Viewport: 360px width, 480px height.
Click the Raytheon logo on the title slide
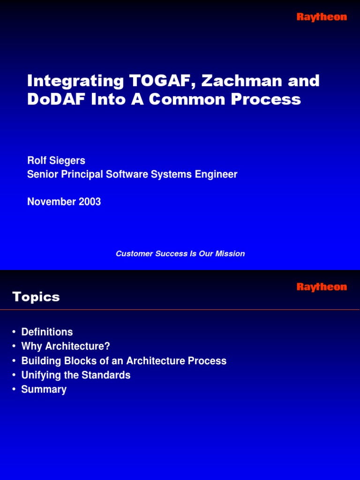322,17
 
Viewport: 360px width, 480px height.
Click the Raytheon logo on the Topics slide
322,287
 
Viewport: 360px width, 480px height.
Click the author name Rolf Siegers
56,161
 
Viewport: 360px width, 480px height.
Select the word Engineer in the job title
217,175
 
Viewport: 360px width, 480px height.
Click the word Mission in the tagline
230,254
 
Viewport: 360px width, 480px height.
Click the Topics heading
36,297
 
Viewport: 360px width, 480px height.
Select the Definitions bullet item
47,332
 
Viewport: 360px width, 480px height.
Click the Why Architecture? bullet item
65,346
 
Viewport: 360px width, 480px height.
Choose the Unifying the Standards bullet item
75,375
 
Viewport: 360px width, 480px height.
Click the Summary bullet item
44,390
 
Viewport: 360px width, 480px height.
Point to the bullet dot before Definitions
15,332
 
